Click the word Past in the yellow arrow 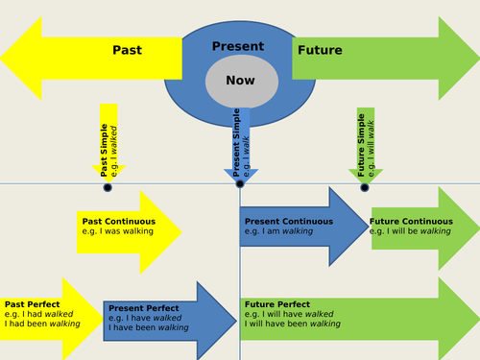128,51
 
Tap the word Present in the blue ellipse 238,46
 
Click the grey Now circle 240,82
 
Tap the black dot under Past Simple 108,187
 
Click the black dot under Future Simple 365,187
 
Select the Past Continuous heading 116,221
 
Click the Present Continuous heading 288,221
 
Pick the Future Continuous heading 411,221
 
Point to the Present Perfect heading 143,307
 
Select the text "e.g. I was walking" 117,231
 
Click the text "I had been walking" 42,324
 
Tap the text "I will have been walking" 292,324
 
